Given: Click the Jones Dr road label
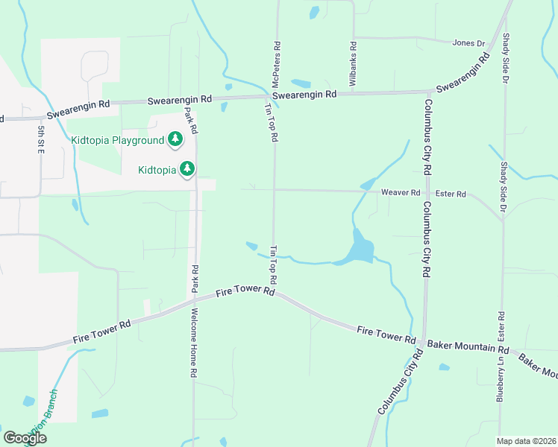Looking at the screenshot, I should [468, 43].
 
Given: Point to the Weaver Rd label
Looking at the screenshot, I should [401, 193].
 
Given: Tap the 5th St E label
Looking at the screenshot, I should [40, 139].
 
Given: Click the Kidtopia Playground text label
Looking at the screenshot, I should [117, 140].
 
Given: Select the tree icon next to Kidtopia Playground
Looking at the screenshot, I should [175, 139].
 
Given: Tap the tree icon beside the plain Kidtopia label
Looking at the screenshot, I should [187, 169].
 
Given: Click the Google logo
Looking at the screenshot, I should [25, 438].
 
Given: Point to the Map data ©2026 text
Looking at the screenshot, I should [527, 441].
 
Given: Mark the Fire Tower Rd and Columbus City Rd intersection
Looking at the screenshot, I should [424, 342].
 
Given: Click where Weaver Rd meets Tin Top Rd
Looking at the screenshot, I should [275, 190].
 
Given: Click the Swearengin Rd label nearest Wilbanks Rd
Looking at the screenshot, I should [304, 95].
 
